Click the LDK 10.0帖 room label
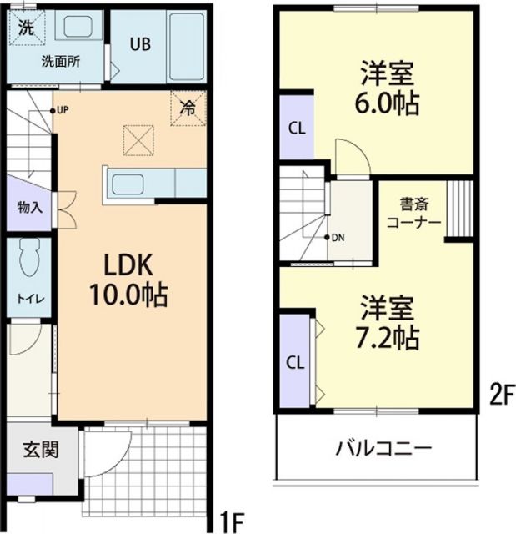click(133, 280)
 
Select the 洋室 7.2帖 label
click(389, 323)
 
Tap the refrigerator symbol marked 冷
click(188, 108)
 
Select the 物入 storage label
click(29, 207)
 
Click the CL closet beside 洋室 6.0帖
click(296, 128)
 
